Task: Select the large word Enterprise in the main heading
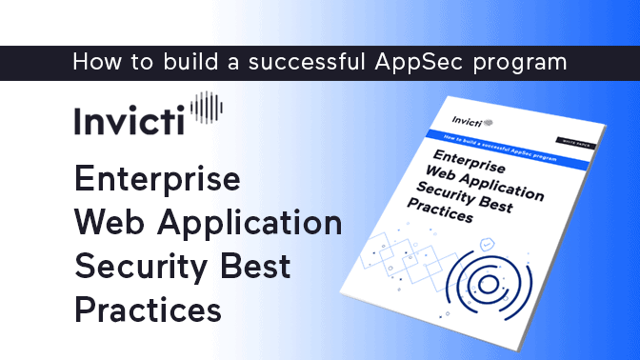coord(157,180)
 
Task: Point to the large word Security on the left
coord(142,267)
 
